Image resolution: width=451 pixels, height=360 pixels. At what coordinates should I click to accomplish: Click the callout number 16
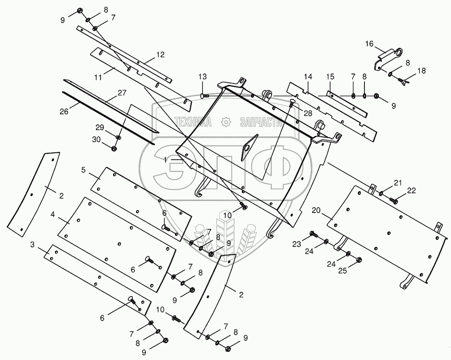point(369,44)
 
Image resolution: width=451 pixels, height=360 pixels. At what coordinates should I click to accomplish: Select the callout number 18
point(422,71)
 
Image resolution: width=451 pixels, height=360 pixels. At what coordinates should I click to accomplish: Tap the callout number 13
point(203,77)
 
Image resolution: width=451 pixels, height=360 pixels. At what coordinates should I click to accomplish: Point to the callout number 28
point(308,113)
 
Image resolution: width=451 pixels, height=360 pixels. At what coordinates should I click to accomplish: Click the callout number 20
point(316,210)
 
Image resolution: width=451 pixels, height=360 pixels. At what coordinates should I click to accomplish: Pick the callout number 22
point(411,190)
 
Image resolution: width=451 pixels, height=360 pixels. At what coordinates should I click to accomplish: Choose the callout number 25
point(343,271)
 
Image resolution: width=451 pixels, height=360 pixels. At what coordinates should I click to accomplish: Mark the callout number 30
point(96,139)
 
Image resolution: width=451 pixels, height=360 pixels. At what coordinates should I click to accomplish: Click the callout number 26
point(64,111)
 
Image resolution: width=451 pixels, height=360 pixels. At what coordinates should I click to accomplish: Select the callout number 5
point(83,170)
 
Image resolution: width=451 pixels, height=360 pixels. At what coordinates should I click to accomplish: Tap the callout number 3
point(32,245)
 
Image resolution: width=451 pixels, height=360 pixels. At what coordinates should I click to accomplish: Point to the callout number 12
point(160,54)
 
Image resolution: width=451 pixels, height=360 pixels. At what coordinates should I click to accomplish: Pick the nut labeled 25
point(359,260)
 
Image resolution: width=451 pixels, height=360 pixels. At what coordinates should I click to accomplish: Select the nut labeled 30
point(114,149)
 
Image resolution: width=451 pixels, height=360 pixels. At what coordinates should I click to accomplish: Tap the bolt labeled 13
point(204,95)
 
